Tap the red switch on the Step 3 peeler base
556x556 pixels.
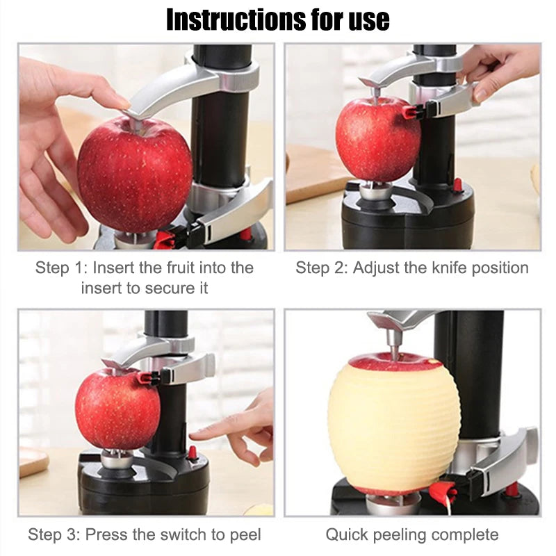[193, 452]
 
